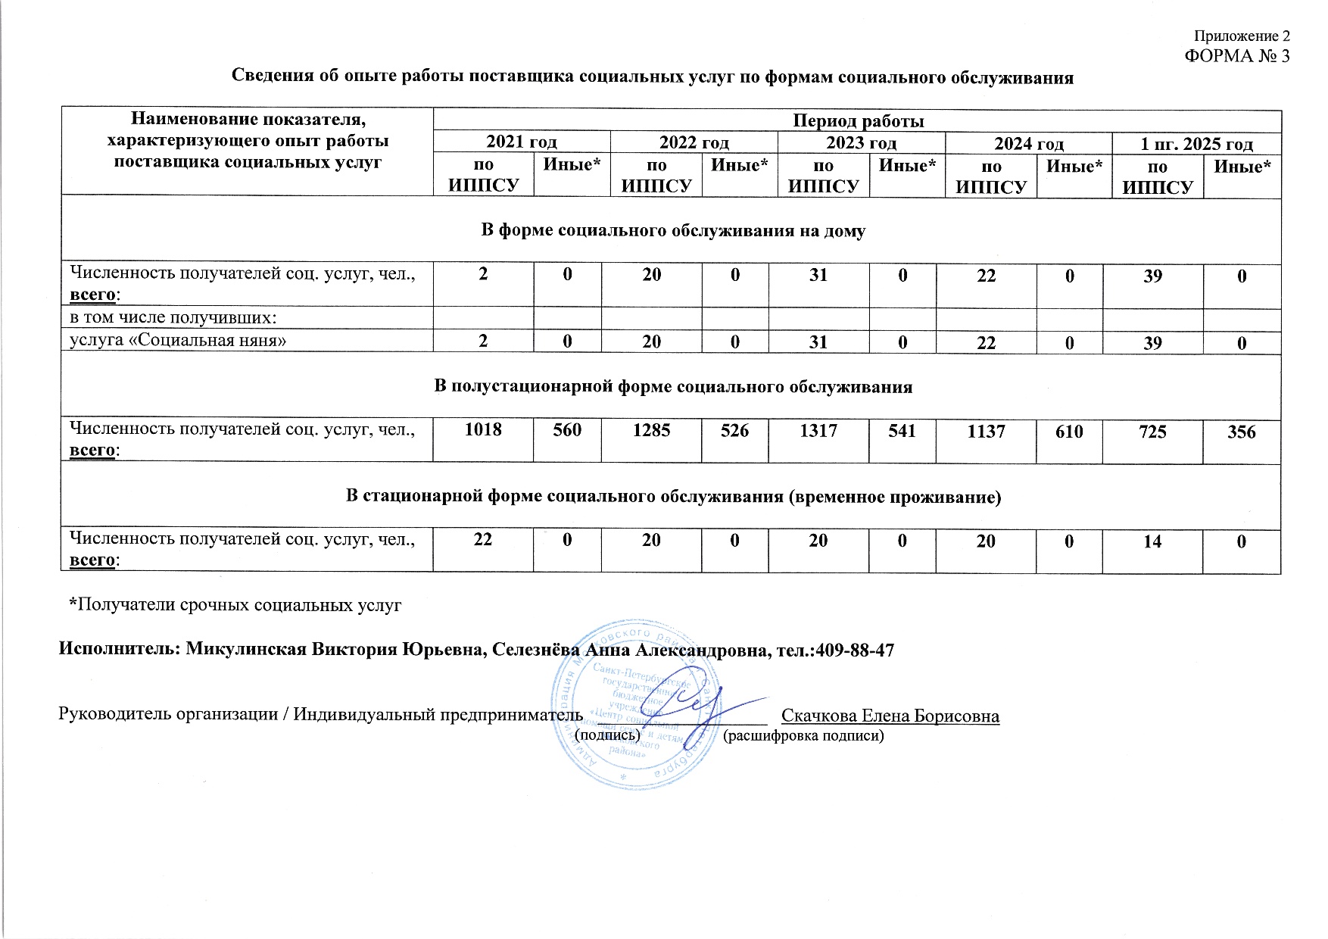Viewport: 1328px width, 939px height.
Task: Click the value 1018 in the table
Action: tap(483, 430)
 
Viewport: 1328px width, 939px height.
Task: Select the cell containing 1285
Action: tap(651, 430)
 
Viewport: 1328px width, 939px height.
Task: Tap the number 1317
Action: tap(818, 430)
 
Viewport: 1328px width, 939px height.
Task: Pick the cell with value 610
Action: tap(1069, 432)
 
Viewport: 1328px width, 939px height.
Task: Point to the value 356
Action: tap(1242, 432)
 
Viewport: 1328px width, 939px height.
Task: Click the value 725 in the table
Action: tap(1152, 432)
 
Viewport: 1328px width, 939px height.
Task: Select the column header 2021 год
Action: tap(521, 142)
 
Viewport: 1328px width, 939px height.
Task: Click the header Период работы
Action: tap(858, 121)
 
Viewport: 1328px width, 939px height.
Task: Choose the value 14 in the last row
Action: tap(1152, 541)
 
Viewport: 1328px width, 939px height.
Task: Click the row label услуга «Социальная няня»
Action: tap(178, 341)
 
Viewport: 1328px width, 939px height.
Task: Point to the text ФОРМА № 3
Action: tap(1236, 56)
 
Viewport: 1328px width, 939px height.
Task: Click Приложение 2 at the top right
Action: tap(1241, 36)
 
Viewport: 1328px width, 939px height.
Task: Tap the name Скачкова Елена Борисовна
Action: tap(890, 716)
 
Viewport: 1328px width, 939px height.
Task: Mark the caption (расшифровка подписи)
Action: tap(804, 735)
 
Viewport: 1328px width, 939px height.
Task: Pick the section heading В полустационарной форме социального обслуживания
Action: tap(672, 387)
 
